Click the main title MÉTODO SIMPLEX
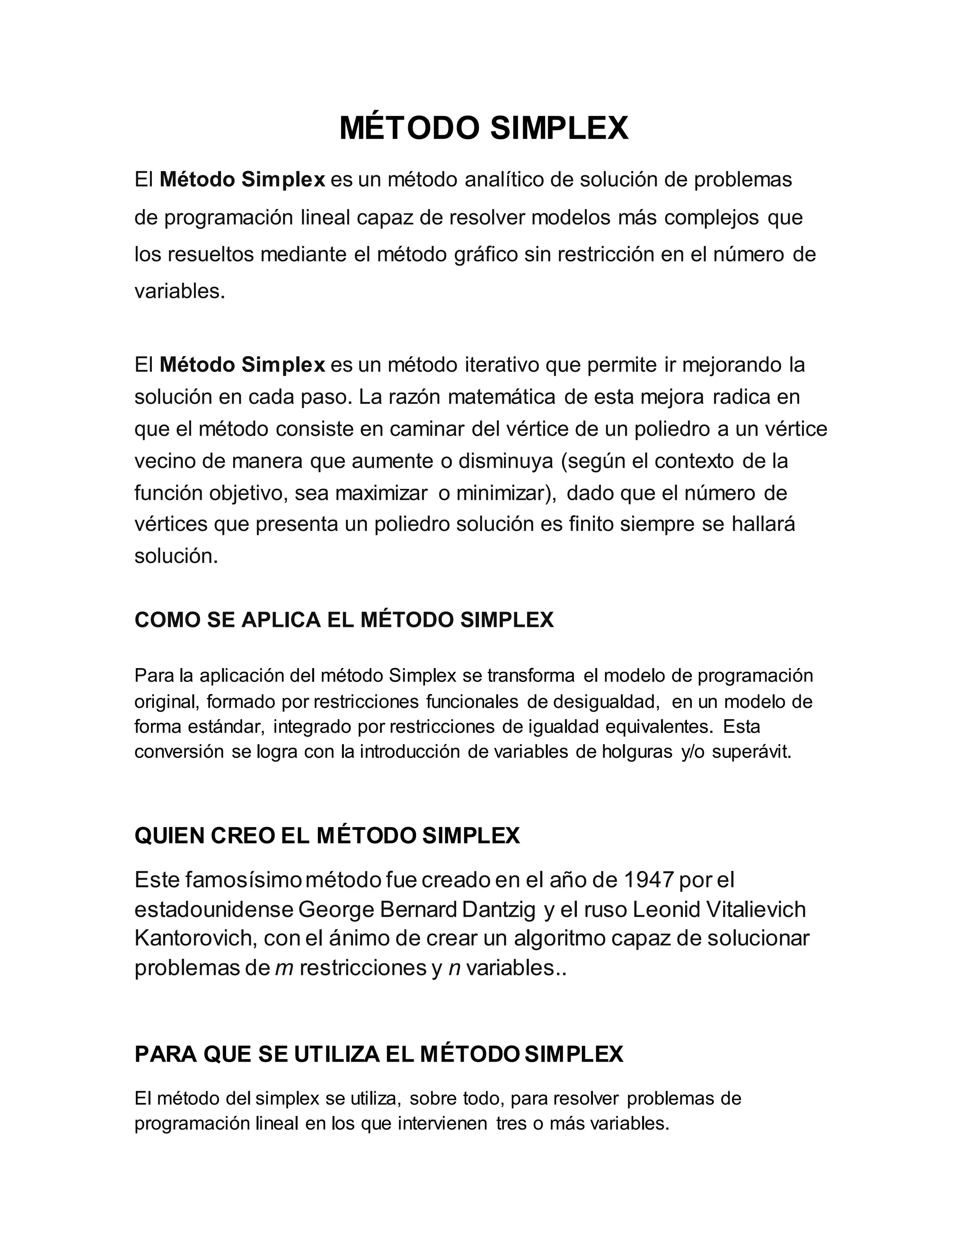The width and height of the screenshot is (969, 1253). coord(484,128)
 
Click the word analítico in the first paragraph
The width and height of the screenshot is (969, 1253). coord(503,180)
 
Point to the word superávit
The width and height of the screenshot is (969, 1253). coord(751,752)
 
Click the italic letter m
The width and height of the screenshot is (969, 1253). coord(285,968)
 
